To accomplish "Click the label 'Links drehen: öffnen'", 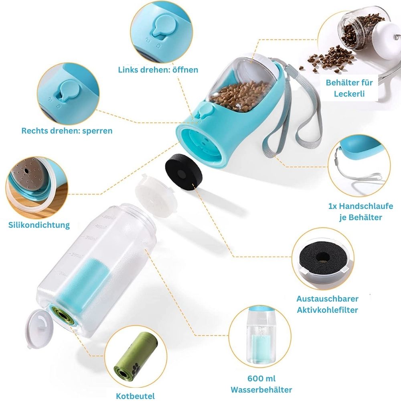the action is (x=158, y=69).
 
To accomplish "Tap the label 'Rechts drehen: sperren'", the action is (x=67, y=131).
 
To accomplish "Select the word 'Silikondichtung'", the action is (x=39, y=225).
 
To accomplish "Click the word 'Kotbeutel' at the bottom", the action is (x=135, y=396).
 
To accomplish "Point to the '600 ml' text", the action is (x=261, y=379).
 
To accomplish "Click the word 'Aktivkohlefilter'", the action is (x=327, y=310).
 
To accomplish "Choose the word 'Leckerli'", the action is (x=349, y=93).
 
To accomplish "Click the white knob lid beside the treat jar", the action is (x=385, y=41).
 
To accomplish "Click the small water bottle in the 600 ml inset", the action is (x=261, y=334).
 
